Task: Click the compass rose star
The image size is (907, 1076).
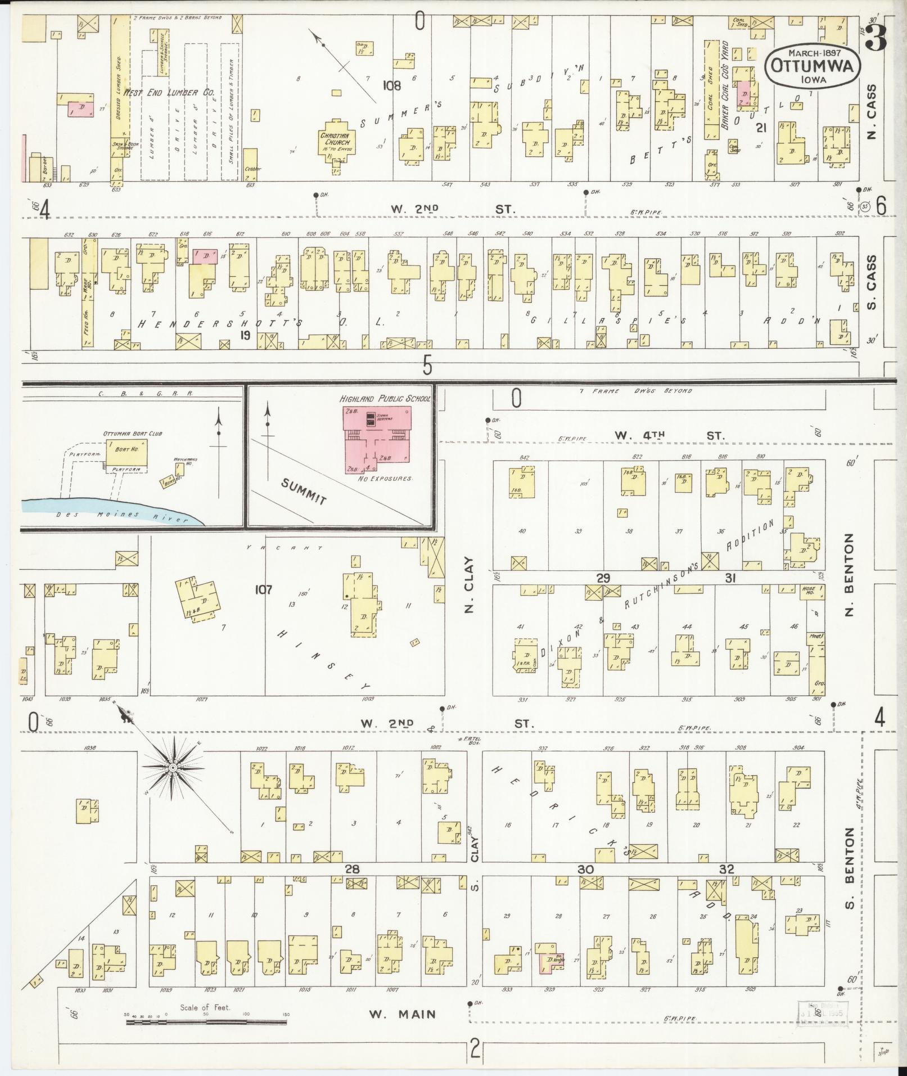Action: click(x=173, y=767)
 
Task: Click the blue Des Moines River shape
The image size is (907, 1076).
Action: click(x=112, y=510)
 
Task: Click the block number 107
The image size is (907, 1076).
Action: click(x=263, y=589)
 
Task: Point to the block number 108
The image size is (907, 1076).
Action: click(x=392, y=85)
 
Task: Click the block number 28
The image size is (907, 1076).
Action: click(x=352, y=869)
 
